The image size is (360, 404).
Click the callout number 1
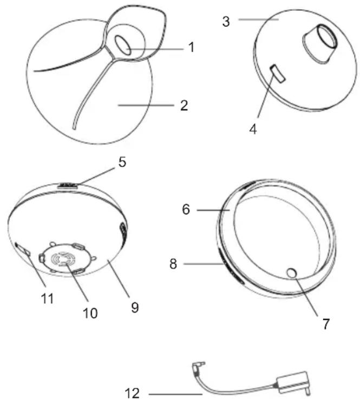pyautogui.click(x=191, y=48)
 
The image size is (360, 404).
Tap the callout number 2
pyautogui.click(x=184, y=106)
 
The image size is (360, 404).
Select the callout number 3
pyautogui.click(x=226, y=22)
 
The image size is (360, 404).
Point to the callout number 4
pyautogui.click(x=253, y=129)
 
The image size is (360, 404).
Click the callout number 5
pyautogui.click(x=122, y=162)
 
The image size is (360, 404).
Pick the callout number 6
pyautogui.click(x=186, y=209)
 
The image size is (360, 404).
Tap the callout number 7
pyautogui.click(x=326, y=324)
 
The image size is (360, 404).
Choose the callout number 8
pyautogui.click(x=173, y=264)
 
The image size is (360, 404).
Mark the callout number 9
pyautogui.click(x=135, y=308)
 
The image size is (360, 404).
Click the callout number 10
pyautogui.click(x=90, y=314)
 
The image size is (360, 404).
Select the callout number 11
pyautogui.click(x=48, y=299)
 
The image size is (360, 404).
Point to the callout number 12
pyautogui.click(x=132, y=393)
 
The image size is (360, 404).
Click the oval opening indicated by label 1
pyautogui.click(x=123, y=45)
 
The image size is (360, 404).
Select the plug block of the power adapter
pyautogui.click(x=293, y=383)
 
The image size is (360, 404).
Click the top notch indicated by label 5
pyautogui.click(x=68, y=186)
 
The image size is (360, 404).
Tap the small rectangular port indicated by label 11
pyautogui.click(x=23, y=249)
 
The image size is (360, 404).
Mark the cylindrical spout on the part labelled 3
pyautogui.click(x=320, y=43)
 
